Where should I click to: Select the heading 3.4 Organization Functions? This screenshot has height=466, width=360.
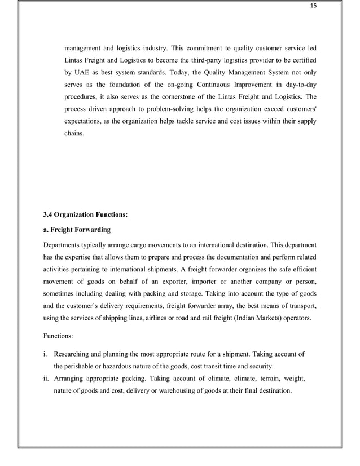pyautogui.click(x=85, y=214)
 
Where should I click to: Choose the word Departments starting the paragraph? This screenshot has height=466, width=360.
pyautogui.click(x=64, y=245)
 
